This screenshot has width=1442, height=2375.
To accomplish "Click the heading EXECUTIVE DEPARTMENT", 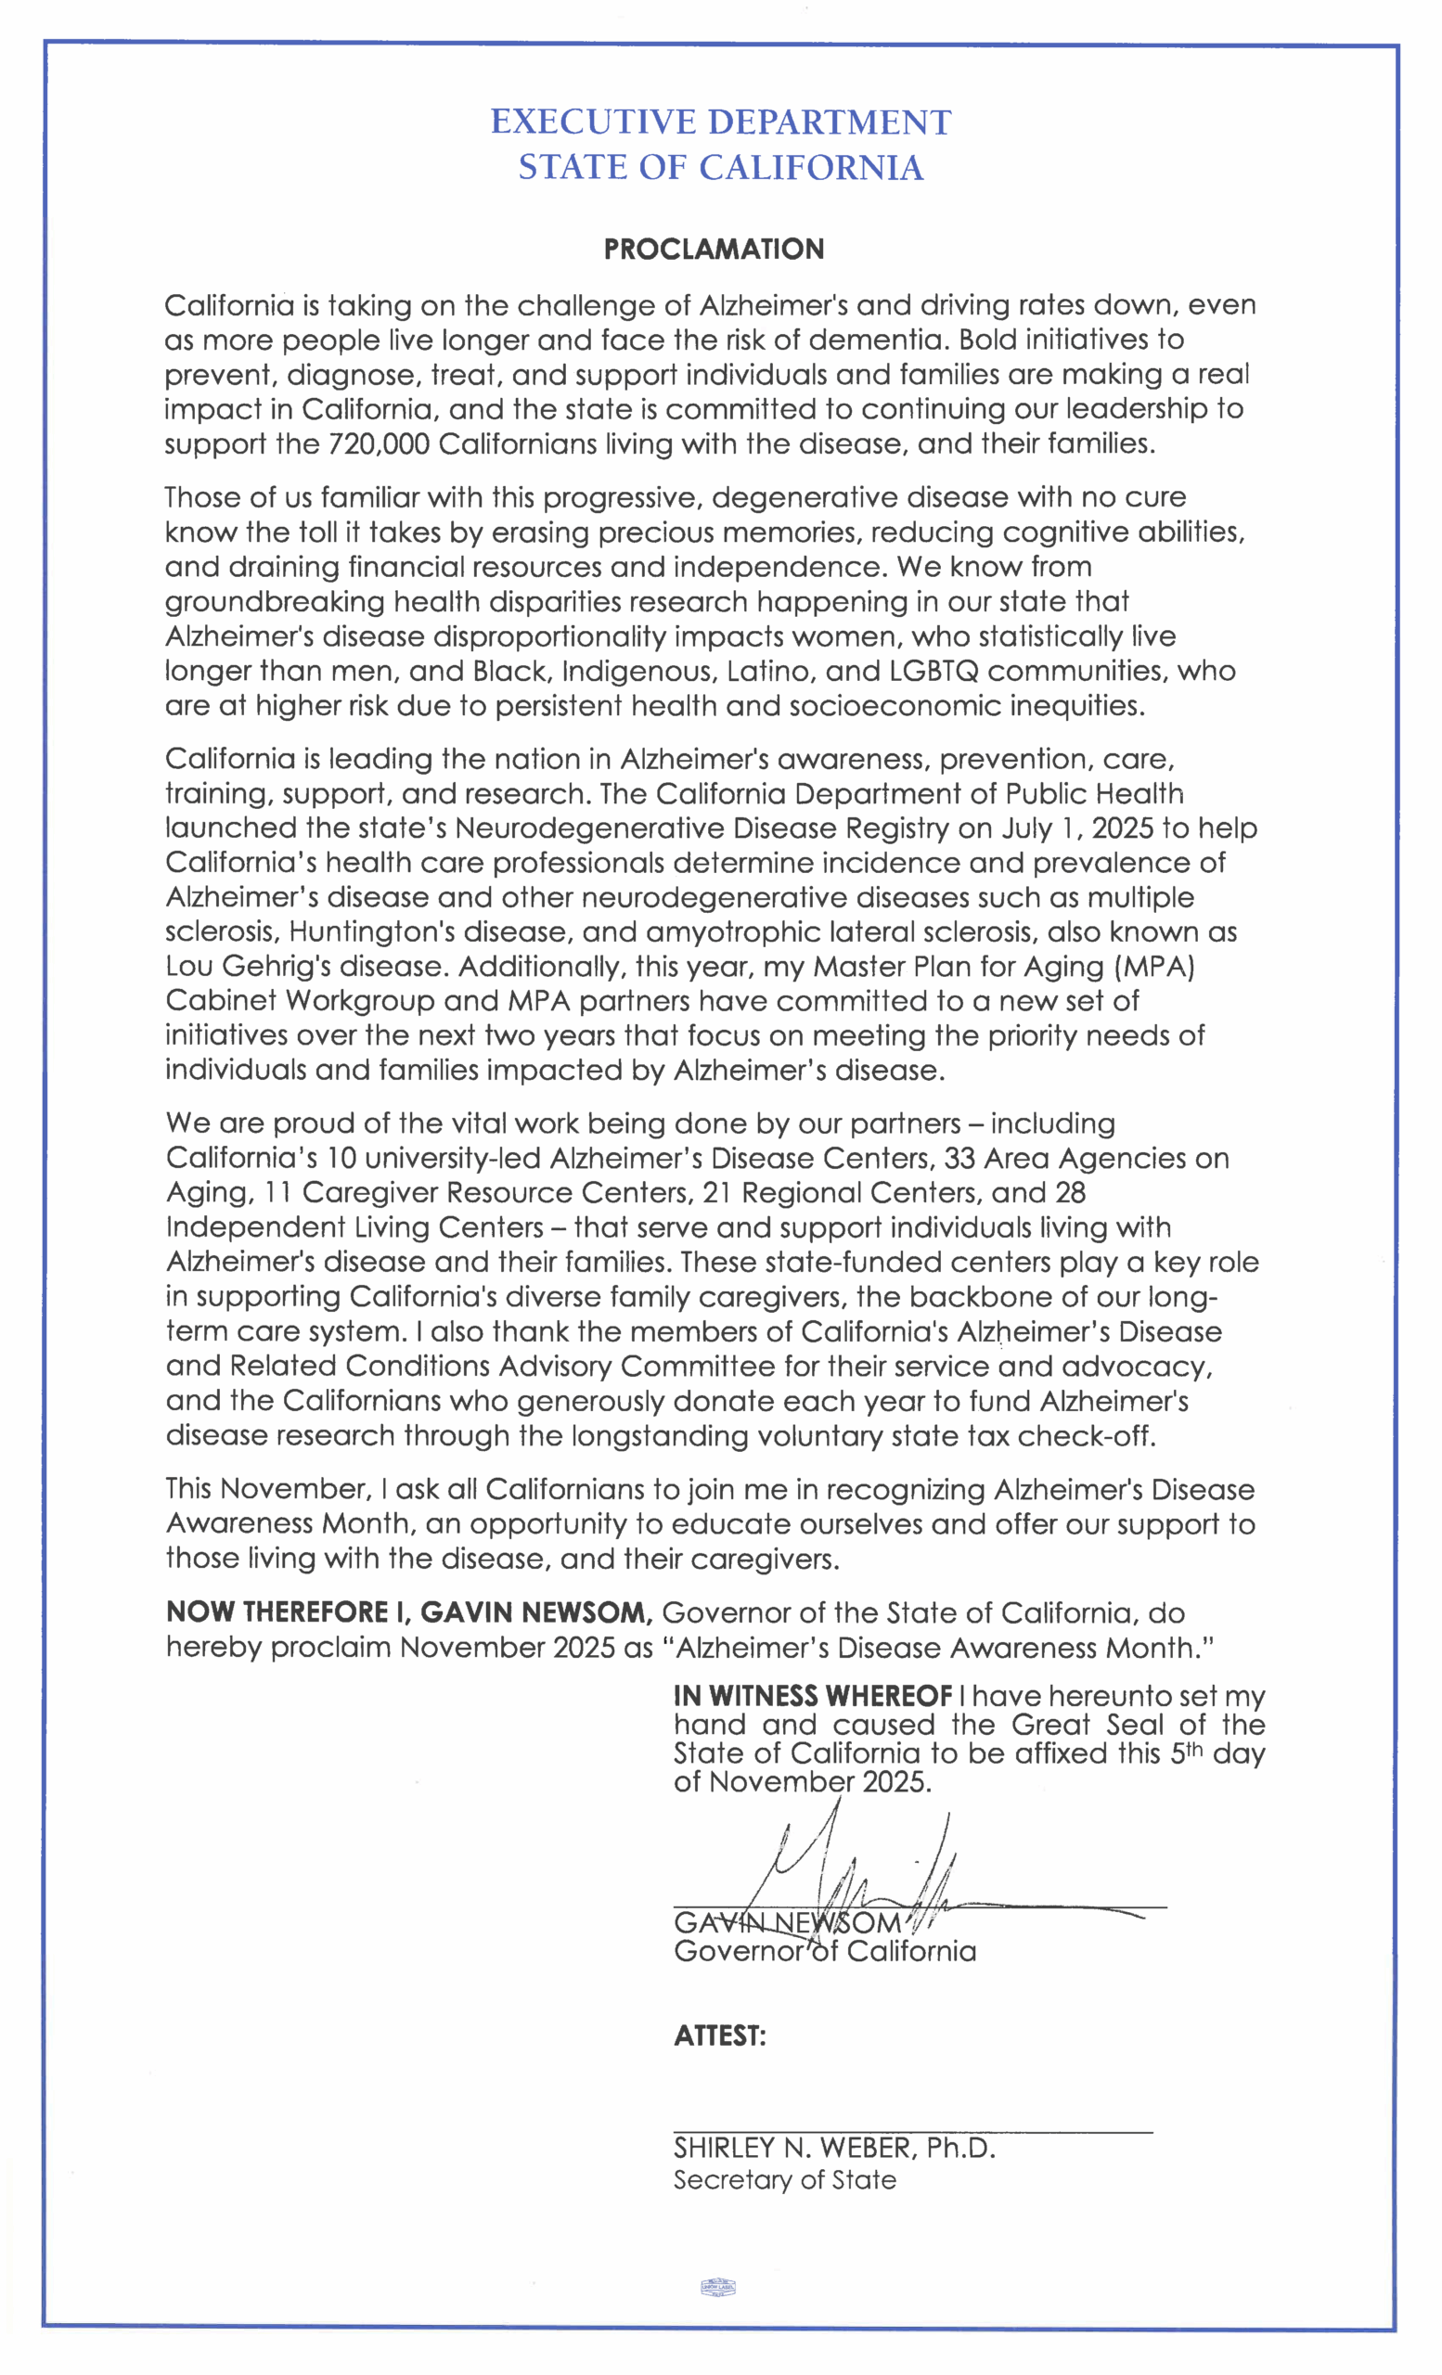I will [x=720, y=122].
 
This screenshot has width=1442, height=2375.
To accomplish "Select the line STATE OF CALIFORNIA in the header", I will [x=720, y=168].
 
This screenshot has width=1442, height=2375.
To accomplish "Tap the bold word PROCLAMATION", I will [x=714, y=250].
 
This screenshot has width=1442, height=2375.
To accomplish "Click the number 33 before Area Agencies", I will [x=959, y=1159].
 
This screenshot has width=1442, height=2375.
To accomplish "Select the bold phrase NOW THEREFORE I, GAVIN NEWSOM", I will [x=409, y=1612].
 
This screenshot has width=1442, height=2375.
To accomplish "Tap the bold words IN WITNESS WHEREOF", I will [x=813, y=1697].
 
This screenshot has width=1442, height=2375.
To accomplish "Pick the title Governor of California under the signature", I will [x=824, y=1952].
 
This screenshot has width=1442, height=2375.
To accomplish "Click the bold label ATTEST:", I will [x=719, y=2035].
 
